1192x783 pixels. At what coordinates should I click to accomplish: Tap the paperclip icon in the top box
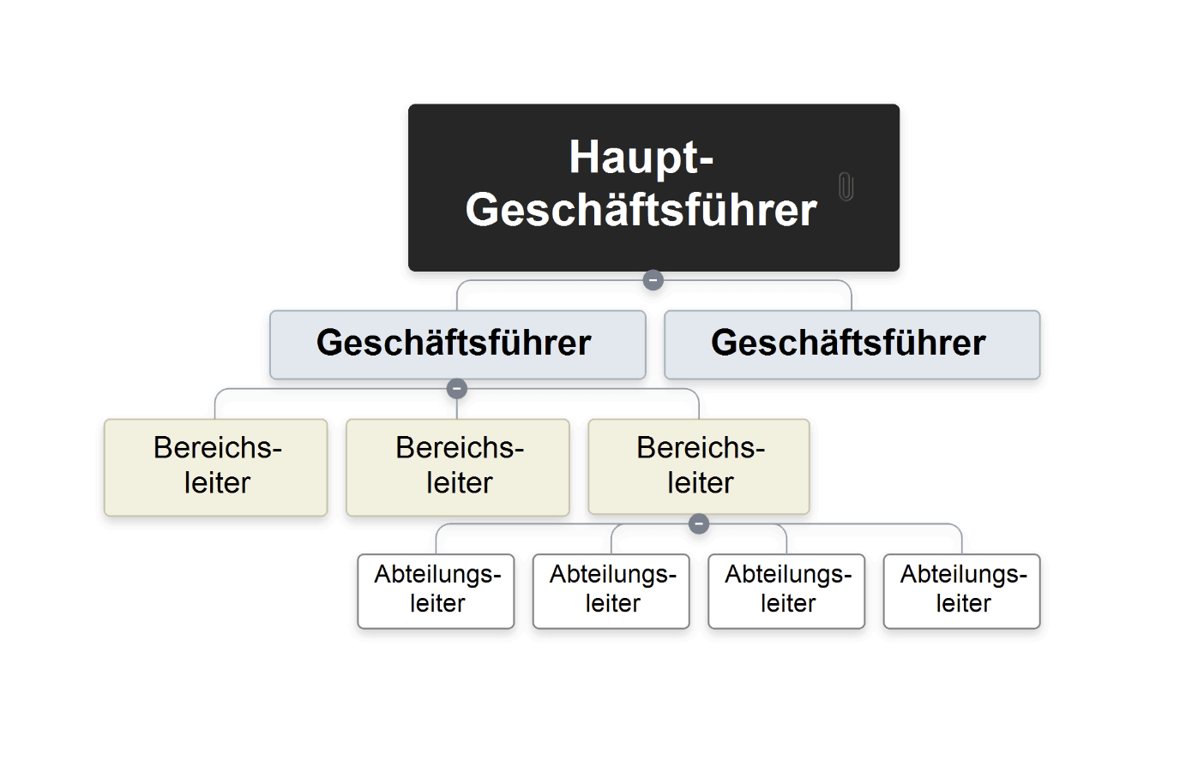pyautogui.click(x=846, y=186)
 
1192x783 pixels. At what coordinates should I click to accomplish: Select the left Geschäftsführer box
pyautogui.click(x=456, y=344)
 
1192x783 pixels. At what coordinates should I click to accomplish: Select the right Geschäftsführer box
pyautogui.click(x=851, y=344)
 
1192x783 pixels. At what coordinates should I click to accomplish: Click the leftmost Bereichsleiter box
pyautogui.click(x=215, y=467)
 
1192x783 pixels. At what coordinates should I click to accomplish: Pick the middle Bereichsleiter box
pyautogui.click(x=457, y=467)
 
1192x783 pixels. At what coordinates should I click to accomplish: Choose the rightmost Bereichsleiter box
pyautogui.click(x=698, y=467)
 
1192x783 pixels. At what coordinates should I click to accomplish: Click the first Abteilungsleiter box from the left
pyautogui.click(x=436, y=591)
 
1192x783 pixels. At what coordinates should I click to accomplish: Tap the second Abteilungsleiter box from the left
pyautogui.click(x=611, y=591)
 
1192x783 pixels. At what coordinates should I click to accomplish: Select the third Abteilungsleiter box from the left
pyautogui.click(x=786, y=591)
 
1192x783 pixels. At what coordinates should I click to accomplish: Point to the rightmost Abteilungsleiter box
pyautogui.click(x=961, y=591)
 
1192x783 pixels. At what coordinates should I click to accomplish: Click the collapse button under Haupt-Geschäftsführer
pyautogui.click(x=653, y=280)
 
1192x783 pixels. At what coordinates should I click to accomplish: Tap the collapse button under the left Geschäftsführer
pyautogui.click(x=457, y=389)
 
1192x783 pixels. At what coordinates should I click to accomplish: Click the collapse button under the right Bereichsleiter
pyautogui.click(x=699, y=523)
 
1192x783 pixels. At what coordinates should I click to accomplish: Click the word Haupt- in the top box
pyautogui.click(x=641, y=157)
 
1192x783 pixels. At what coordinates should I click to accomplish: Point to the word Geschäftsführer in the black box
pyautogui.click(x=641, y=210)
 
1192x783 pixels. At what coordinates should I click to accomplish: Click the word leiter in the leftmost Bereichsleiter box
pyautogui.click(x=217, y=483)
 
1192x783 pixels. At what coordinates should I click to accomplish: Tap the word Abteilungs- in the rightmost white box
pyautogui.click(x=962, y=574)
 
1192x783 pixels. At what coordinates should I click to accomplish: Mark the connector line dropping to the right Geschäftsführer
pyautogui.click(x=851, y=296)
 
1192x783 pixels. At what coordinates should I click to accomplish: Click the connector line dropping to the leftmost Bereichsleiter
pyautogui.click(x=215, y=403)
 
